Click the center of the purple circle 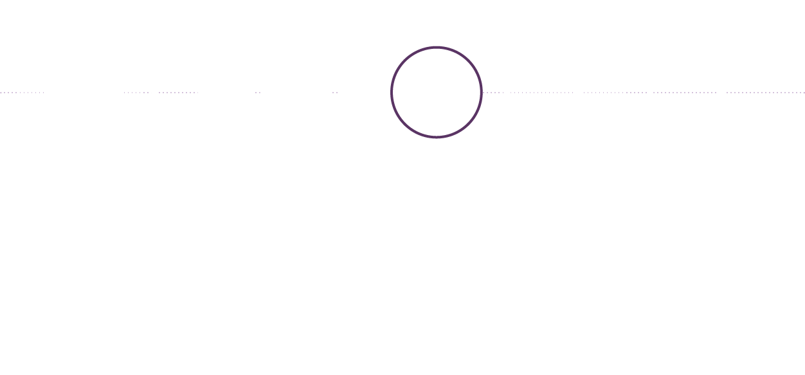coord(437,92)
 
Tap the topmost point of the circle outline coord(437,47)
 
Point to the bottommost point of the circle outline coord(437,137)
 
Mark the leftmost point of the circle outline coord(392,92)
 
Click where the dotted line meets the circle coord(482,92)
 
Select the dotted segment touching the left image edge coord(22,93)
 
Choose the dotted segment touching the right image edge coord(765,93)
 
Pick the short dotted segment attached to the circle coord(493,93)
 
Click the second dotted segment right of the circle coord(541,93)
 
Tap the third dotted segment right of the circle coord(615,93)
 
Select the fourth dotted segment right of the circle coord(685,93)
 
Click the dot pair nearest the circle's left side coord(335,93)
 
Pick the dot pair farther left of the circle coord(258,93)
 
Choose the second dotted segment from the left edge coord(136,93)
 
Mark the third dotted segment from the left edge coord(177,93)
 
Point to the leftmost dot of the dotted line coord(1,93)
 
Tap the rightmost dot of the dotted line coord(803,93)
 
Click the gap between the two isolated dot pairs coord(296,93)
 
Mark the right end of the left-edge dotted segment coord(44,93)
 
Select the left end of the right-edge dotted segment coord(727,93)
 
